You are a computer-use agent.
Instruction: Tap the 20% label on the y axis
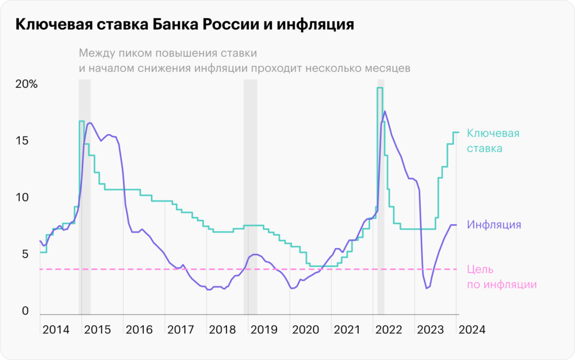(26, 85)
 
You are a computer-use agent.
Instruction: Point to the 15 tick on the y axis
(22, 142)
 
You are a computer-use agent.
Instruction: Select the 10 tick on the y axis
(22, 198)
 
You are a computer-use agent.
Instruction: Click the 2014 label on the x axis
(56, 330)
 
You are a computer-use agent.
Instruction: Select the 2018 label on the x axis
(222, 330)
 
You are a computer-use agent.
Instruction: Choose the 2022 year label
(389, 330)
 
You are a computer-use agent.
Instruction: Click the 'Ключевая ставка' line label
(493, 141)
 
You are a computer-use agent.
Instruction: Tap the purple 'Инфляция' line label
(494, 225)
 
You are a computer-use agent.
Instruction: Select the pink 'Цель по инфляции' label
(501, 277)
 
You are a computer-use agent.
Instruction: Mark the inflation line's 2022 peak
(385, 111)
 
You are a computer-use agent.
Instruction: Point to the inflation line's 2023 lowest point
(427, 288)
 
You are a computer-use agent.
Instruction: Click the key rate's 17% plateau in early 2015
(81, 121)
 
